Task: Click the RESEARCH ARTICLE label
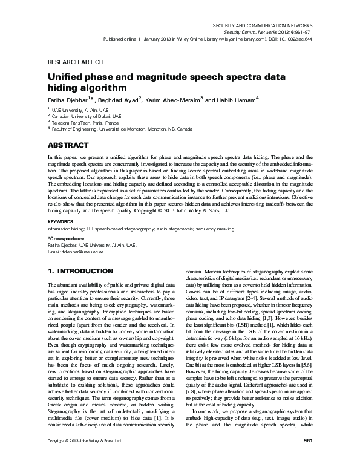[69, 62]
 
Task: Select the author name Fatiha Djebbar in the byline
[68, 100]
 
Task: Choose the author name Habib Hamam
[232, 100]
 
